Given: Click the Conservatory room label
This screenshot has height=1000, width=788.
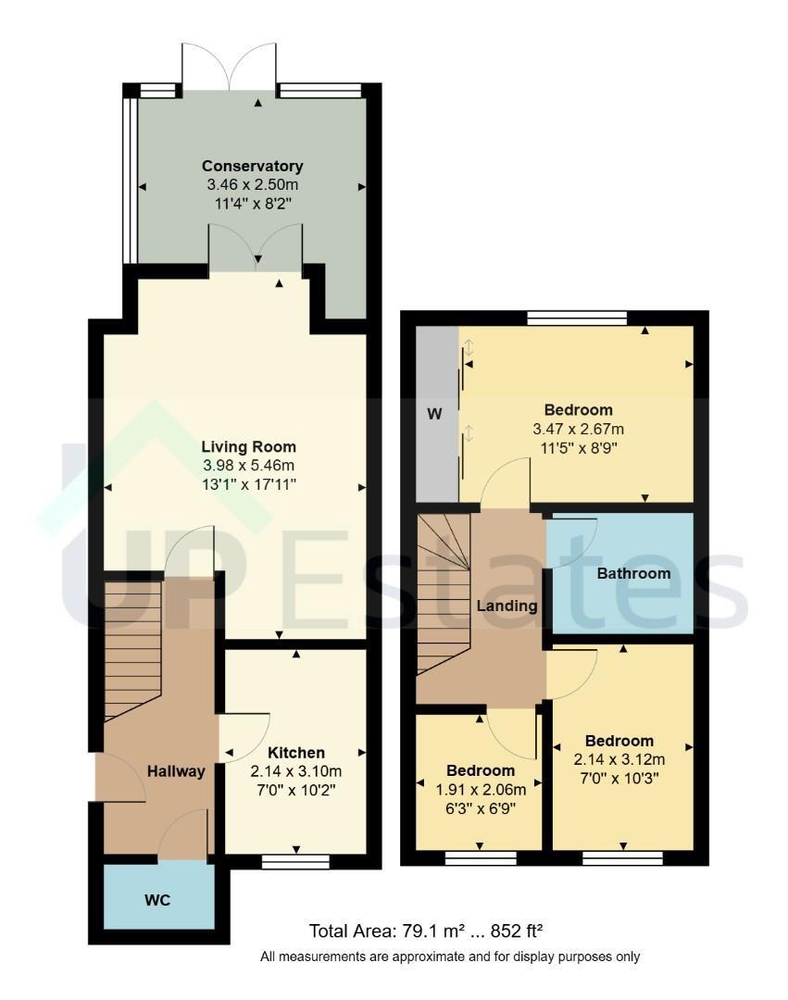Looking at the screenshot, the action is (253, 166).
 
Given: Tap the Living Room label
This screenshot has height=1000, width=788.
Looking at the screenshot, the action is (249, 446).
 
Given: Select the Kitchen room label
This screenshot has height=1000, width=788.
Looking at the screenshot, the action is (295, 753).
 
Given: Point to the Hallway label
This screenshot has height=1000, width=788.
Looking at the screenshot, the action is (176, 771).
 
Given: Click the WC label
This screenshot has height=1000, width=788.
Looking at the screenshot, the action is (157, 900).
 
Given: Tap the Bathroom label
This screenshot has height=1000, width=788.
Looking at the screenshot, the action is (633, 573).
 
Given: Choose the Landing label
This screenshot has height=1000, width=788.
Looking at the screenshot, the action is (507, 606).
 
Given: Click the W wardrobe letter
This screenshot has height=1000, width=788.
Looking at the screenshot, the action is (434, 414).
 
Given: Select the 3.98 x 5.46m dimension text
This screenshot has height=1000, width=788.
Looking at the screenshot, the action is (249, 466).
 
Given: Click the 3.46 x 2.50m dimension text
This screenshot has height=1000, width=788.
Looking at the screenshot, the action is (253, 185).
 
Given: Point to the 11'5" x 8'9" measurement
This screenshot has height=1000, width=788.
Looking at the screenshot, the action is (578, 448).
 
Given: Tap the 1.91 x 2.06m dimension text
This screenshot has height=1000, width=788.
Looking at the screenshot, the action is (481, 790).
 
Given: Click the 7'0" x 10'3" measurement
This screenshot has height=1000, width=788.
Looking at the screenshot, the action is (619, 778).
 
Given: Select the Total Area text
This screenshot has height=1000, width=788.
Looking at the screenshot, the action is (426, 931).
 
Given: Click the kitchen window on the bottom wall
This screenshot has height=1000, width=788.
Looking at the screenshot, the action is (295, 862).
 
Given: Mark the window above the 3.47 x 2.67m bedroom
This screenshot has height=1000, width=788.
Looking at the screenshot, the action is (578, 319).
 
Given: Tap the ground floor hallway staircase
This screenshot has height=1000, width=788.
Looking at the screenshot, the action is (132, 651).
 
